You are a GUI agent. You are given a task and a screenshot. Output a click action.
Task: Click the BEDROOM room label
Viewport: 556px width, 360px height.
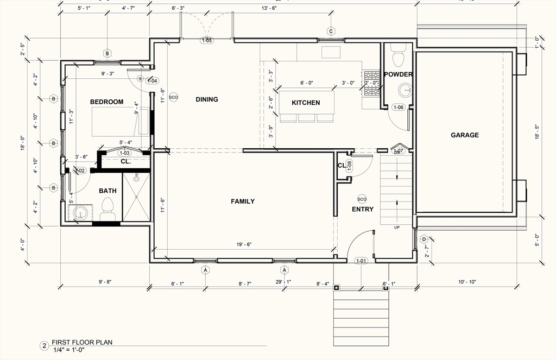point(106,102)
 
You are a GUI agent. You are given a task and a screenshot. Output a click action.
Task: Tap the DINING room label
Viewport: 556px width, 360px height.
point(207,99)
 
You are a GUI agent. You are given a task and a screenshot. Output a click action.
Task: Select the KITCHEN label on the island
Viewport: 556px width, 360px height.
point(306,103)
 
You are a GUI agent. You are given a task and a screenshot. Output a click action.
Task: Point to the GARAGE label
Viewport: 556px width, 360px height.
point(464,135)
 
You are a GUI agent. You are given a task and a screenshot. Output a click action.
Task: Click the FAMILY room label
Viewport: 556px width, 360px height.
point(243,201)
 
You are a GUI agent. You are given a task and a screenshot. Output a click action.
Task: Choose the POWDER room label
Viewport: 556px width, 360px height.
point(398,74)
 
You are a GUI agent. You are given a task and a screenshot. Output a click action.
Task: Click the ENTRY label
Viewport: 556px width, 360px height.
point(363,209)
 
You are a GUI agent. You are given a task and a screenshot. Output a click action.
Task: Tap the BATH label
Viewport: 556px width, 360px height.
point(108,191)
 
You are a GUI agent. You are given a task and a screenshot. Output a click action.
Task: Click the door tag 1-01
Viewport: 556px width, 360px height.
point(361,261)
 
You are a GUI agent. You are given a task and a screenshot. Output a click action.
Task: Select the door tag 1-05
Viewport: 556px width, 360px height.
point(207,41)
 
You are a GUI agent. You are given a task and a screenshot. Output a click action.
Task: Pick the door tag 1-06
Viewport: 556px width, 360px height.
point(398,108)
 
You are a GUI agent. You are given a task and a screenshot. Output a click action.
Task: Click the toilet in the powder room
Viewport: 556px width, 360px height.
point(398,54)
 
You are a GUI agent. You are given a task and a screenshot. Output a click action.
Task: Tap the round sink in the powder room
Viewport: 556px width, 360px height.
point(405,90)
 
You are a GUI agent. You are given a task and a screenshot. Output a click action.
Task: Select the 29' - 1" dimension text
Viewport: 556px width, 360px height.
point(283,282)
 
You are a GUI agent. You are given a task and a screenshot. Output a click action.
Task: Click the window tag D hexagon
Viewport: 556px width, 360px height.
point(424,238)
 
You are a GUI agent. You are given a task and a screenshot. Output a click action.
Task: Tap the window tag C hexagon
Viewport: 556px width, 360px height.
point(331,31)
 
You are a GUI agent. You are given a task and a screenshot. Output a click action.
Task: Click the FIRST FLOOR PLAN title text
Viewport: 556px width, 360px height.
point(81,343)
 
